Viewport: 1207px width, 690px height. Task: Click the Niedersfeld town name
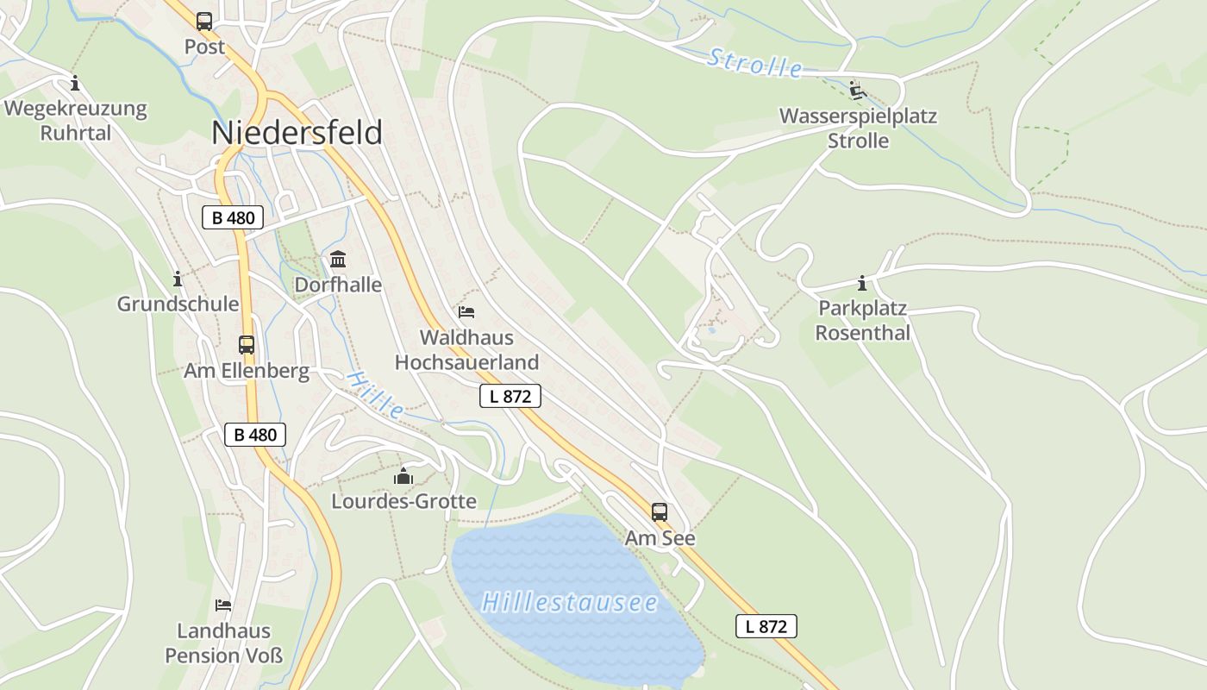click(x=297, y=133)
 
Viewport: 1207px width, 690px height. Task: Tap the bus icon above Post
click(x=204, y=22)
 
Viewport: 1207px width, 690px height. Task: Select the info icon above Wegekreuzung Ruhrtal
click(x=75, y=84)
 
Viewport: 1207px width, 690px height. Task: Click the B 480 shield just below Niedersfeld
click(x=232, y=217)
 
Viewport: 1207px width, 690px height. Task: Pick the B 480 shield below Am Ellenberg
click(x=255, y=435)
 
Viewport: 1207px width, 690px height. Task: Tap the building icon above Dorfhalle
click(x=338, y=260)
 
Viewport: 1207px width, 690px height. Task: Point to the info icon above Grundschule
click(x=178, y=279)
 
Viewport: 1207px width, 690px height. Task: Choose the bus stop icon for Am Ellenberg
click(x=247, y=345)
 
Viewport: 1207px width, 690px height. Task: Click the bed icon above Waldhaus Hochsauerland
click(x=466, y=311)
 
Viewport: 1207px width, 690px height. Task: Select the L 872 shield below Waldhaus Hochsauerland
click(x=510, y=396)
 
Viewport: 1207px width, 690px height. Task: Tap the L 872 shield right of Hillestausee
click(x=766, y=626)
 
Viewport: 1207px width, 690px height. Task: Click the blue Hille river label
click(x=376, y=395)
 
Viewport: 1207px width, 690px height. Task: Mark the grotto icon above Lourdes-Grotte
click(x=403, y=476)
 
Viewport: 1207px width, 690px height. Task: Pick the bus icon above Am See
click(x=660, y=512)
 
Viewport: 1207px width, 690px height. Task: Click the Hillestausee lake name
click(x=569, y=602)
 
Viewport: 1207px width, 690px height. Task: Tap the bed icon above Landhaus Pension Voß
click(x=223, y=605)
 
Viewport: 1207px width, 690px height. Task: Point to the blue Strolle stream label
click(x=755, y=64)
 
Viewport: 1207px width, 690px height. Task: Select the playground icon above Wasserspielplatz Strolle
click(x=857, y=91)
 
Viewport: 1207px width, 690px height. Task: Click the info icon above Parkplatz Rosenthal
click(x=862, y=283)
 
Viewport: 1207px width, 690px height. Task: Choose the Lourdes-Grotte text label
click(x=403, y=501)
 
